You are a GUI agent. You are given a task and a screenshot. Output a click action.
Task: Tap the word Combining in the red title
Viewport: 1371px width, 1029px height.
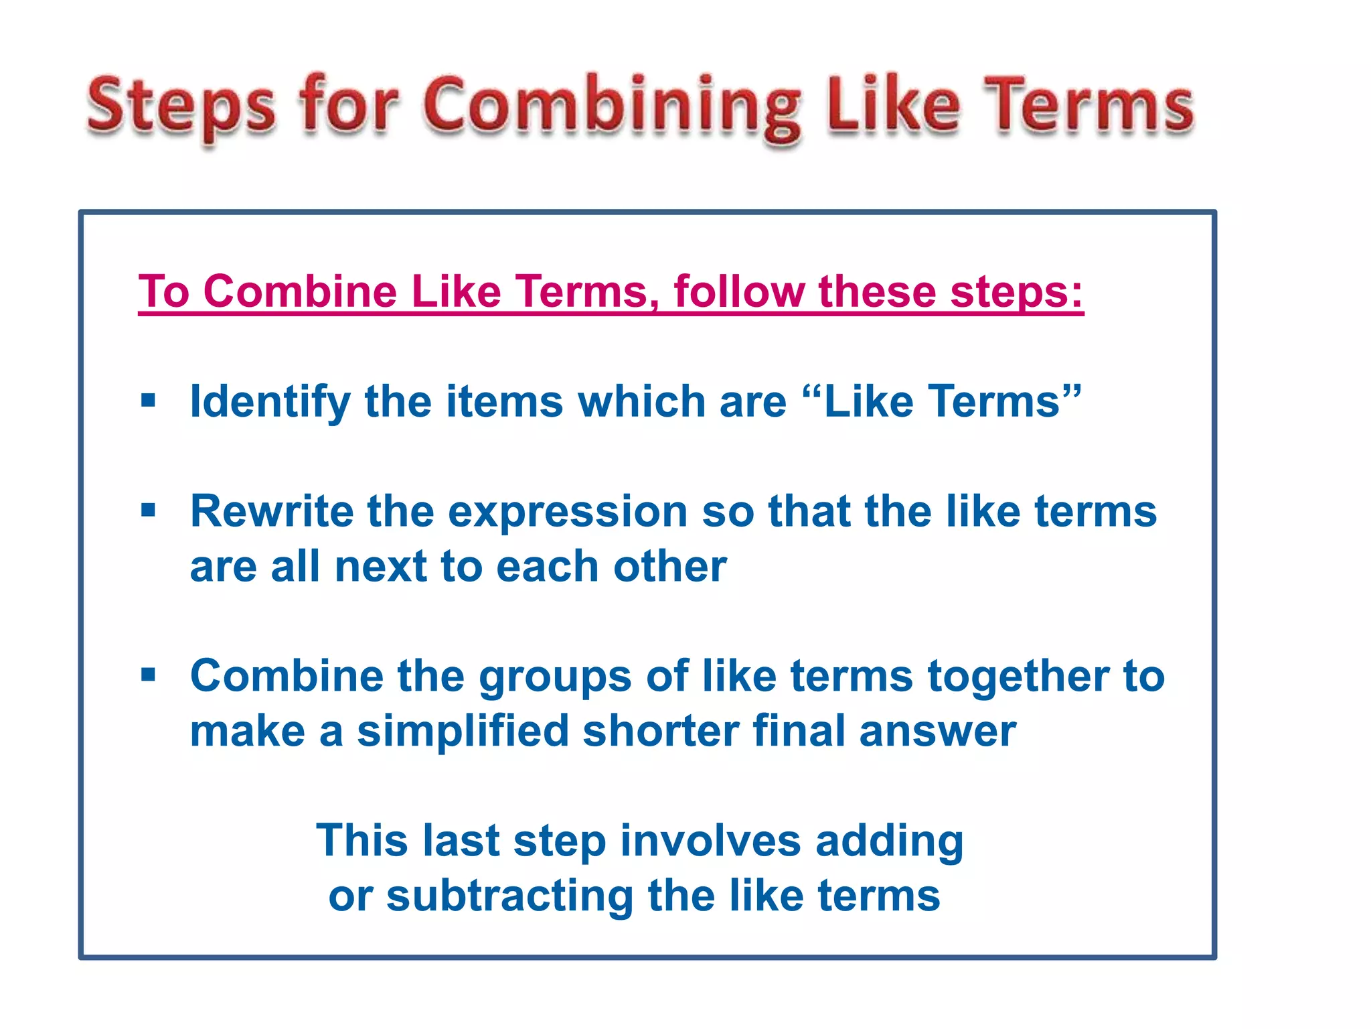tap(611, 107)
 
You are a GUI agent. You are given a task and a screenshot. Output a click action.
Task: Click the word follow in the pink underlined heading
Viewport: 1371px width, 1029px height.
tap(739, 292)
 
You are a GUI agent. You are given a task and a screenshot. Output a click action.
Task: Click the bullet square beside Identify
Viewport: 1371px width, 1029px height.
tap(149, 401)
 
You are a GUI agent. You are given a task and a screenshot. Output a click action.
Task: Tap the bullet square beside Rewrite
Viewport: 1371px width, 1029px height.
tap(149, 510)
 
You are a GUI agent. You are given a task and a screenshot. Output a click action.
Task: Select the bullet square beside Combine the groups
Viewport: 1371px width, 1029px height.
tap(149, 675)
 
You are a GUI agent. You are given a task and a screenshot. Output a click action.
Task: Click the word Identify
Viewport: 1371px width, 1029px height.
tap(270, 402)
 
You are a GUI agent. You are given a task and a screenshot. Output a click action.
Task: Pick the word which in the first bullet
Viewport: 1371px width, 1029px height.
tap(641, 401)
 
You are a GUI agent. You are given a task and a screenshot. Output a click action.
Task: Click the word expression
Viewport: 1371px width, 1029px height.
tap(568, 512)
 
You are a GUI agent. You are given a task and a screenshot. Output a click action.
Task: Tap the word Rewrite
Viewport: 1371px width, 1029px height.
tap(271, 511)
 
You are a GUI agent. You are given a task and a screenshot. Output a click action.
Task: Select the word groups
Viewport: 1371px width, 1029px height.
tap(555, 677)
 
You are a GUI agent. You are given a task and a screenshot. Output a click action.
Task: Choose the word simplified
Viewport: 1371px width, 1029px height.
tap(463, 731)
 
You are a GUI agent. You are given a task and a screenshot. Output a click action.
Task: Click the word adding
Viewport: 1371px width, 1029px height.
tap(889, 841)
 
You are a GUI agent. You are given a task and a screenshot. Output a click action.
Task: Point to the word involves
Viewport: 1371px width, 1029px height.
tap(710, 841)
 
